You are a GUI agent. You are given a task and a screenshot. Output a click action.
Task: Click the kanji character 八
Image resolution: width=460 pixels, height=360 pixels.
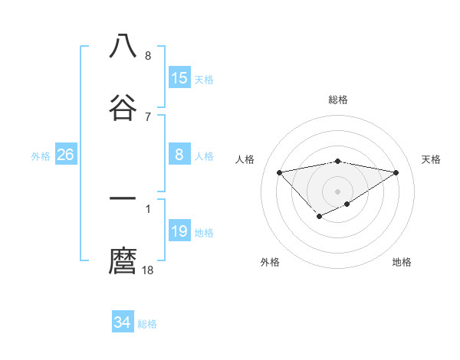pyautogui.click(x=123, y=47)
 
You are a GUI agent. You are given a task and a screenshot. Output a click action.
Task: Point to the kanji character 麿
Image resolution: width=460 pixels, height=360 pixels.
pyautogui.click(x=123, y=260)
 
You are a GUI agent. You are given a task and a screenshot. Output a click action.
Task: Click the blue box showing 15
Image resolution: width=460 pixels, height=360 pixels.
pyautogui.click(x=179, y=78)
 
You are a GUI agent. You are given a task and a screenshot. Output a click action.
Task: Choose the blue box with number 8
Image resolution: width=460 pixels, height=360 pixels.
pyautogui.click(x=179, y=155)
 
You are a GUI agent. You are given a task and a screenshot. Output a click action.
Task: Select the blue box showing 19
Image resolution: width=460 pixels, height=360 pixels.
pyautogui.click(x=179, y=231)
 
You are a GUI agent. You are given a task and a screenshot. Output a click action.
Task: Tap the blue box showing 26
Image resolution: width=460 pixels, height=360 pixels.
pyautogui.click(x=66, y=155)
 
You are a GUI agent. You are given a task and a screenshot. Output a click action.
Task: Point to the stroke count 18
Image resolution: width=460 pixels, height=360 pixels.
pyautogui.click(x=148, y=270)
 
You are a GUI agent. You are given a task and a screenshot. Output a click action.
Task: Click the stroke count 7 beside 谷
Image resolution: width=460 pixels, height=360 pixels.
pyautogui.click(x=148, y=116)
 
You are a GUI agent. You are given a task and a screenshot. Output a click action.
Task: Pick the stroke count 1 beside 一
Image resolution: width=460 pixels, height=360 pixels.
pyautogui.click(x=148, y=208)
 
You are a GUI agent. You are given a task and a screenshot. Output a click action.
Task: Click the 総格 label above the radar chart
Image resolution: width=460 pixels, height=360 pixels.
pyautogui.click(x=338, y=100)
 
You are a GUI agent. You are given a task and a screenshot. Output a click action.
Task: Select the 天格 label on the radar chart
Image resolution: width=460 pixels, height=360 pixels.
pyautogui.click(x=431, y=159)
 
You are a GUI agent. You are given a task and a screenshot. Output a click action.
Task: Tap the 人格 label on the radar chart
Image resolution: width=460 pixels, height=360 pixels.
pyautogui.click(x=245, y=159)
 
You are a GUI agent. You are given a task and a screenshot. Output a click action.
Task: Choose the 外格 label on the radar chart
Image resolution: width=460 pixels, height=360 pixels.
pyautogui.click(x=270, y=262)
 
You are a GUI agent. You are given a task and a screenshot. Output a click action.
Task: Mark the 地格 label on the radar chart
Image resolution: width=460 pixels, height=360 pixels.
pyautogui.click(x=402, y=262)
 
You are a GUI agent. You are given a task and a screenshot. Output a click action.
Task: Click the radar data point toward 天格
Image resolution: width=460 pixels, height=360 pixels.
pyautogui.click(x=396, y=172)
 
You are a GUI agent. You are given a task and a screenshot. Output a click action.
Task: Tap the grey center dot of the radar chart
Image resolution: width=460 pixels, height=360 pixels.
pyautogui.click(x=338, y=191)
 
